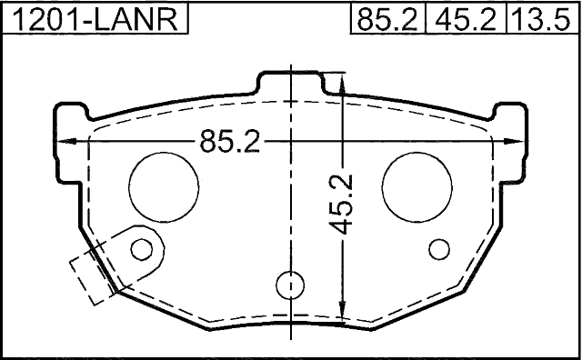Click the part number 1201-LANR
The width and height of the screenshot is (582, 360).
point(95,19)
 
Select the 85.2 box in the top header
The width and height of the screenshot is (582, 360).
point(387,19)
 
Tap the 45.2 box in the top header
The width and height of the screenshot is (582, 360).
point(467,19)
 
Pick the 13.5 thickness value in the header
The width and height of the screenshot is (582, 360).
point(541,19)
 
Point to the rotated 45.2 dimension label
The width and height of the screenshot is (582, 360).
point(342,205)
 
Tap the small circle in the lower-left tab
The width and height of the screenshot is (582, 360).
point(142,249)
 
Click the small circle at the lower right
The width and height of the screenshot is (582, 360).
point(438,249)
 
